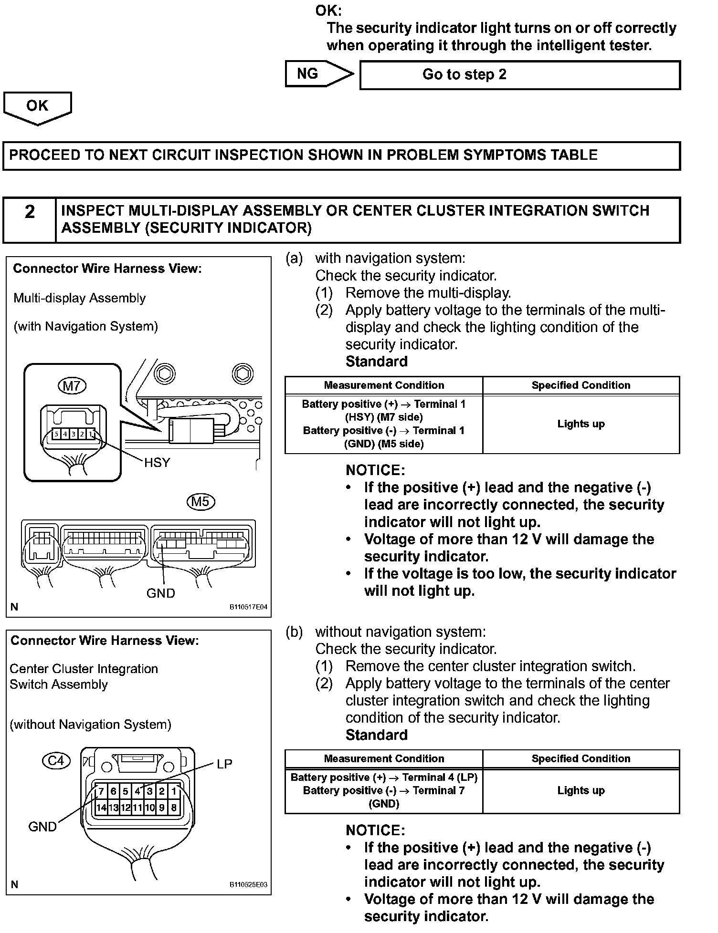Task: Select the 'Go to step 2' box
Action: (x=519, y=75)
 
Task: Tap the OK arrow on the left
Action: (x=37, y=107)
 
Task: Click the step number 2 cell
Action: (x=30, y=219)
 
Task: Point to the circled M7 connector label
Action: (x=72, y=385)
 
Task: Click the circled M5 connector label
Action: (x=201, y=501)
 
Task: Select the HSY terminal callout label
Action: (x=157, y=463)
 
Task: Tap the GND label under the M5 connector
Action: (x=161, y=593)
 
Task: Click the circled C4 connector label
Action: (x=56, y=760)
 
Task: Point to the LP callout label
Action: (x=224, y=764)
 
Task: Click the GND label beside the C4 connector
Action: (x=42, y=827)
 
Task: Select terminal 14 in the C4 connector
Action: (x=101, y=808)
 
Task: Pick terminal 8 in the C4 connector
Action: (x=174, y=808)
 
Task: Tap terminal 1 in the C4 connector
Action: (x=174, y=791)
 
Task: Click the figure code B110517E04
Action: (x=248, y=607)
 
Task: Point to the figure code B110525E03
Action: (x=248, y=884)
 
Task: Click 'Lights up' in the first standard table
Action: (x=581, y=424)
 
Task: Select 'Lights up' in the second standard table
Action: (x=581, y=790)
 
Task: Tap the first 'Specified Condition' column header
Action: (x=581, y=385)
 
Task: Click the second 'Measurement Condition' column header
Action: (x=384, y=758)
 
